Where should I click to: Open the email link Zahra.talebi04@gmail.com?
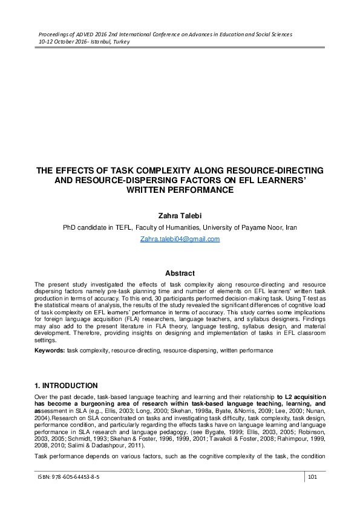pos(180,239)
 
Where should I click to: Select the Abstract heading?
pos(180,273)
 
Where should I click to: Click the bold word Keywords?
pos(49,350)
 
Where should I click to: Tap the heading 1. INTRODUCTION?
pos(66,385)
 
